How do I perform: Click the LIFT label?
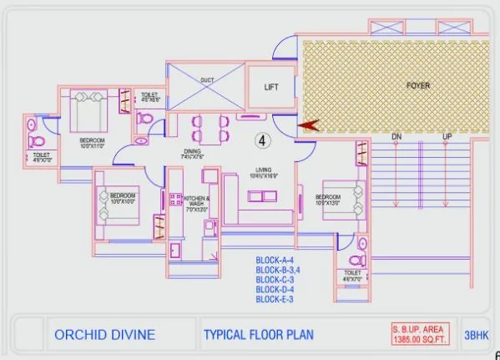[x=271, y=87]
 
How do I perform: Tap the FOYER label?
[x=417, y=86]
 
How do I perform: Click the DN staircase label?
[x=397, y=136]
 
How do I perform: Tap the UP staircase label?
[x=447, y=136]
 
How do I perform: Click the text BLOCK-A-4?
[x=277, y=261]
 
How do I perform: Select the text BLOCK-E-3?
[x=277, y=298]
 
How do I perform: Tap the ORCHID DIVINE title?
[x=104, y=335]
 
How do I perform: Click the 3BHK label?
[x=476, y=335]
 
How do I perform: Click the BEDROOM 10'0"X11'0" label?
[x=92, y=141]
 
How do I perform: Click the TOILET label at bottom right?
[x=351, y=272]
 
